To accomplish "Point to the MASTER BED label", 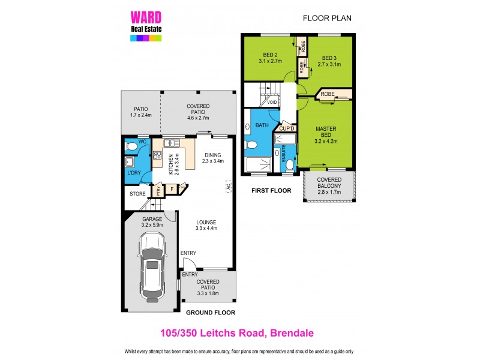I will coord(326,132).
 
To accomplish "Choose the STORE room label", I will coord(137,194).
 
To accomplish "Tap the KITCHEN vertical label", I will coord(171,163).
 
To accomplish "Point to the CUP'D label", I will coord(286,129).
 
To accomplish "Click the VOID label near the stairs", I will coord(272,102).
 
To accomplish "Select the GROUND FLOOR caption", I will coord(210,313).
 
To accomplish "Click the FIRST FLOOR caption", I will coord(271,191).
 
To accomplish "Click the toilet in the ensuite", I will coord(290,165).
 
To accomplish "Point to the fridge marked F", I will coord(172,189).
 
